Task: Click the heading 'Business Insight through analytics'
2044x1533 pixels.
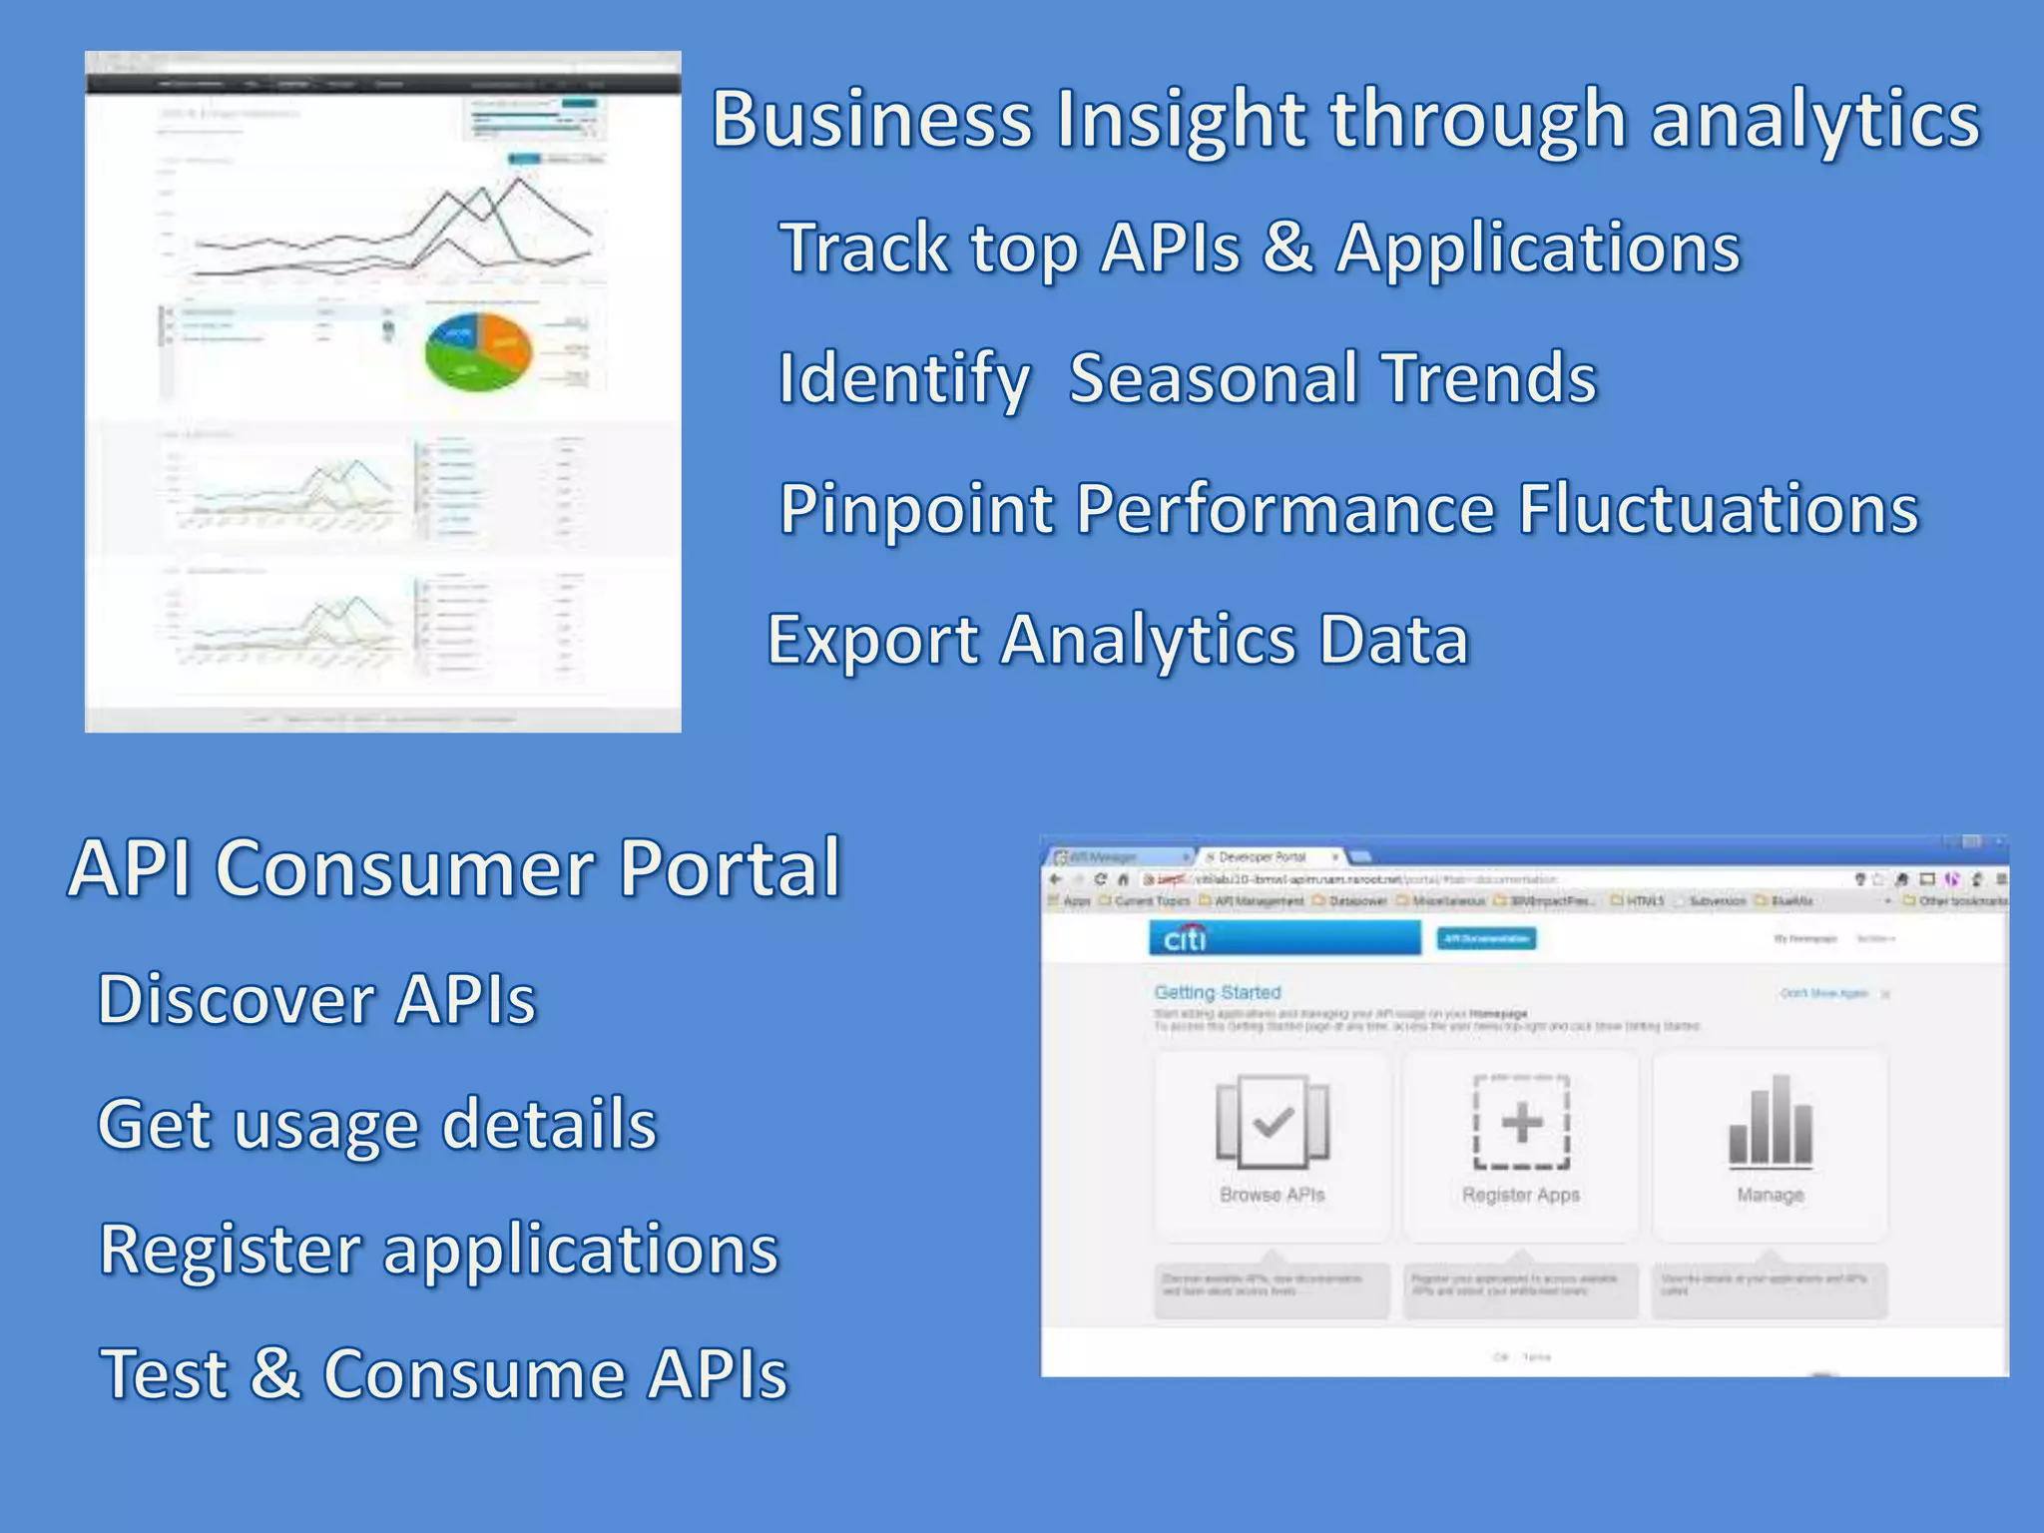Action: tap(1345, 120)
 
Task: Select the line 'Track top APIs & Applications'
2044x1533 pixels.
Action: tap(1260, 248)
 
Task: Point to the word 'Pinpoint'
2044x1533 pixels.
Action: tap(916, 509)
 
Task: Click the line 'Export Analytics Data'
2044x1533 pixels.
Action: tap(1118, 640)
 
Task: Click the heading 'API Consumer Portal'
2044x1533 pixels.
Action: tap(455, 867)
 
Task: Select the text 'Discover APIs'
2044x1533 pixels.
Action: tap(317, 999)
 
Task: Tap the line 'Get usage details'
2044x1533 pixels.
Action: tap(377, 1124)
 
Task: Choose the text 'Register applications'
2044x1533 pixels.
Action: tap(439, 1249)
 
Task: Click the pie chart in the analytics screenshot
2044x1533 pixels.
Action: tap(478, 351)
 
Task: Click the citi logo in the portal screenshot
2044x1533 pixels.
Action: tap(1185, 938)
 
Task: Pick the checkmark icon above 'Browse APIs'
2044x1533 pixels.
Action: tap(1273, 1122)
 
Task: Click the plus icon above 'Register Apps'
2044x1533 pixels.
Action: tap(1521, 1122)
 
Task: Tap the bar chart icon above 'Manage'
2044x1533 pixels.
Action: tap(1771, 1121)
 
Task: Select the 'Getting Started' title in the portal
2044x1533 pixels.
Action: tap(1217, 992)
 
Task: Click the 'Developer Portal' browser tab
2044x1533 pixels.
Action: tap(1263, 857)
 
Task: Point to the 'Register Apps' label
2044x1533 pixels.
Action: tap(1521, 1195)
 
